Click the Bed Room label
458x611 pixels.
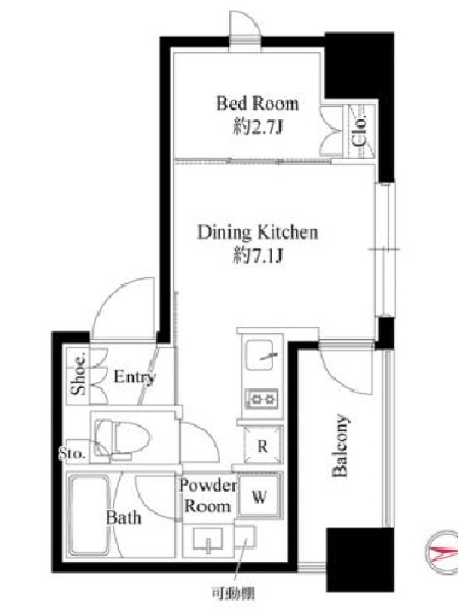coord(258,104)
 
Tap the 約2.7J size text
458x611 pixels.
coord(257,127)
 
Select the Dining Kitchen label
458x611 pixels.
coord(258,232)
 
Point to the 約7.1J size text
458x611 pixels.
coord(257,256)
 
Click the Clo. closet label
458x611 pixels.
coord(359,131)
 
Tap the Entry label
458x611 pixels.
coord(134,377)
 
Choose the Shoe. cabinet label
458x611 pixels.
coord(79,374)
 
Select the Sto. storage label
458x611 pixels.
coord(73,454)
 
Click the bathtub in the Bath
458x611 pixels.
coord(89,515)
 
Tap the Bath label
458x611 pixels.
coord(124,518)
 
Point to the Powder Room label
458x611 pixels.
coord(208,496)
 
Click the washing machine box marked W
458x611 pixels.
coord(259,496)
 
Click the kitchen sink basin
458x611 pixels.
coord(260,355)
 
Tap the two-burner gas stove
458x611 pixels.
coord(261,399)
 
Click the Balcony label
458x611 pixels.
coord(340,445)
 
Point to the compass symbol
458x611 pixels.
coord(442,551)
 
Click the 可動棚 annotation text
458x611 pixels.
coord(234,594)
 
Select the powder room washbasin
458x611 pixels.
coord(208,539)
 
